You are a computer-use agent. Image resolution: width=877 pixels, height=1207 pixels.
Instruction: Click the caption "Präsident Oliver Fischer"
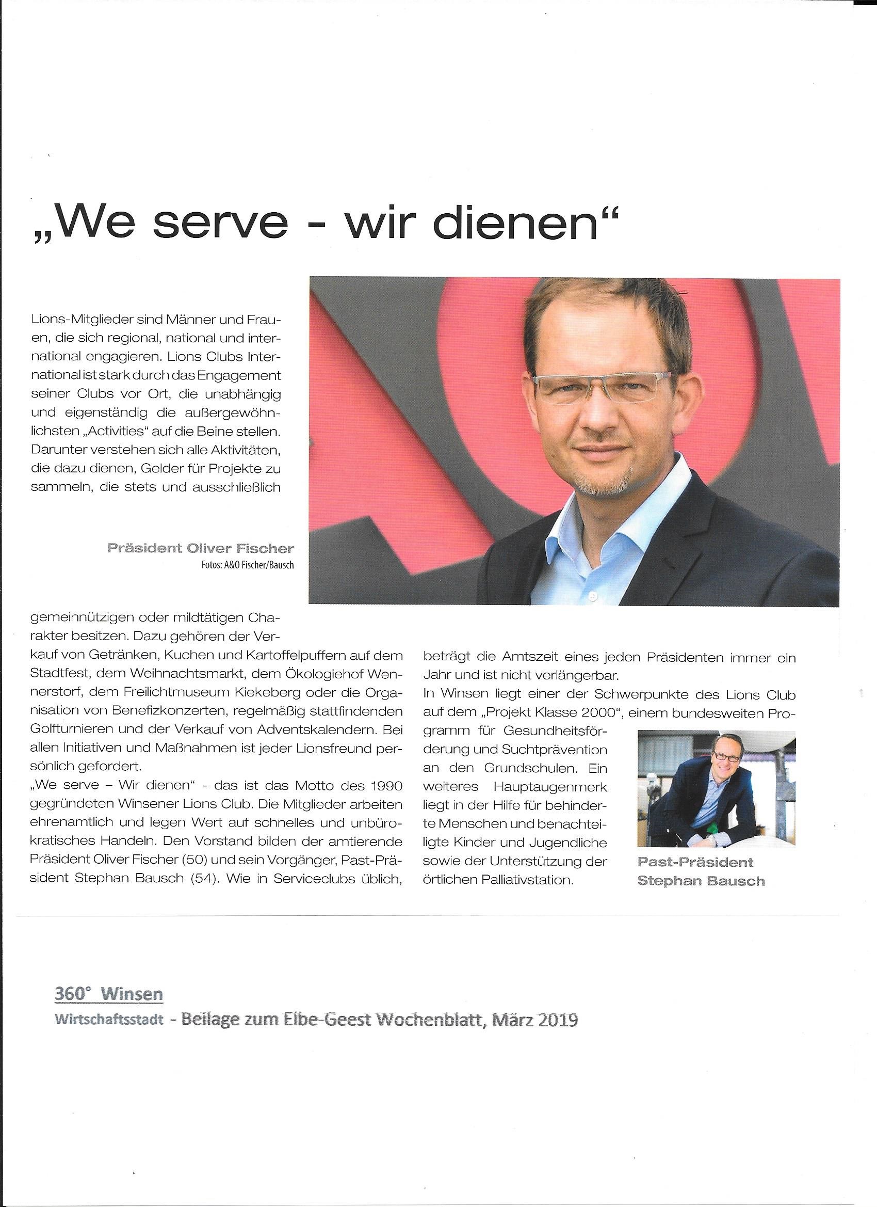click(x=201, y=548)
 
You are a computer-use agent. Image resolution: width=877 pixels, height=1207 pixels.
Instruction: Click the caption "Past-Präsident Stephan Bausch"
click(x=701, y=871)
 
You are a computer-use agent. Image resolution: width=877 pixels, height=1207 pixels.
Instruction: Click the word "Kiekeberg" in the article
click(x=287, y=694)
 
